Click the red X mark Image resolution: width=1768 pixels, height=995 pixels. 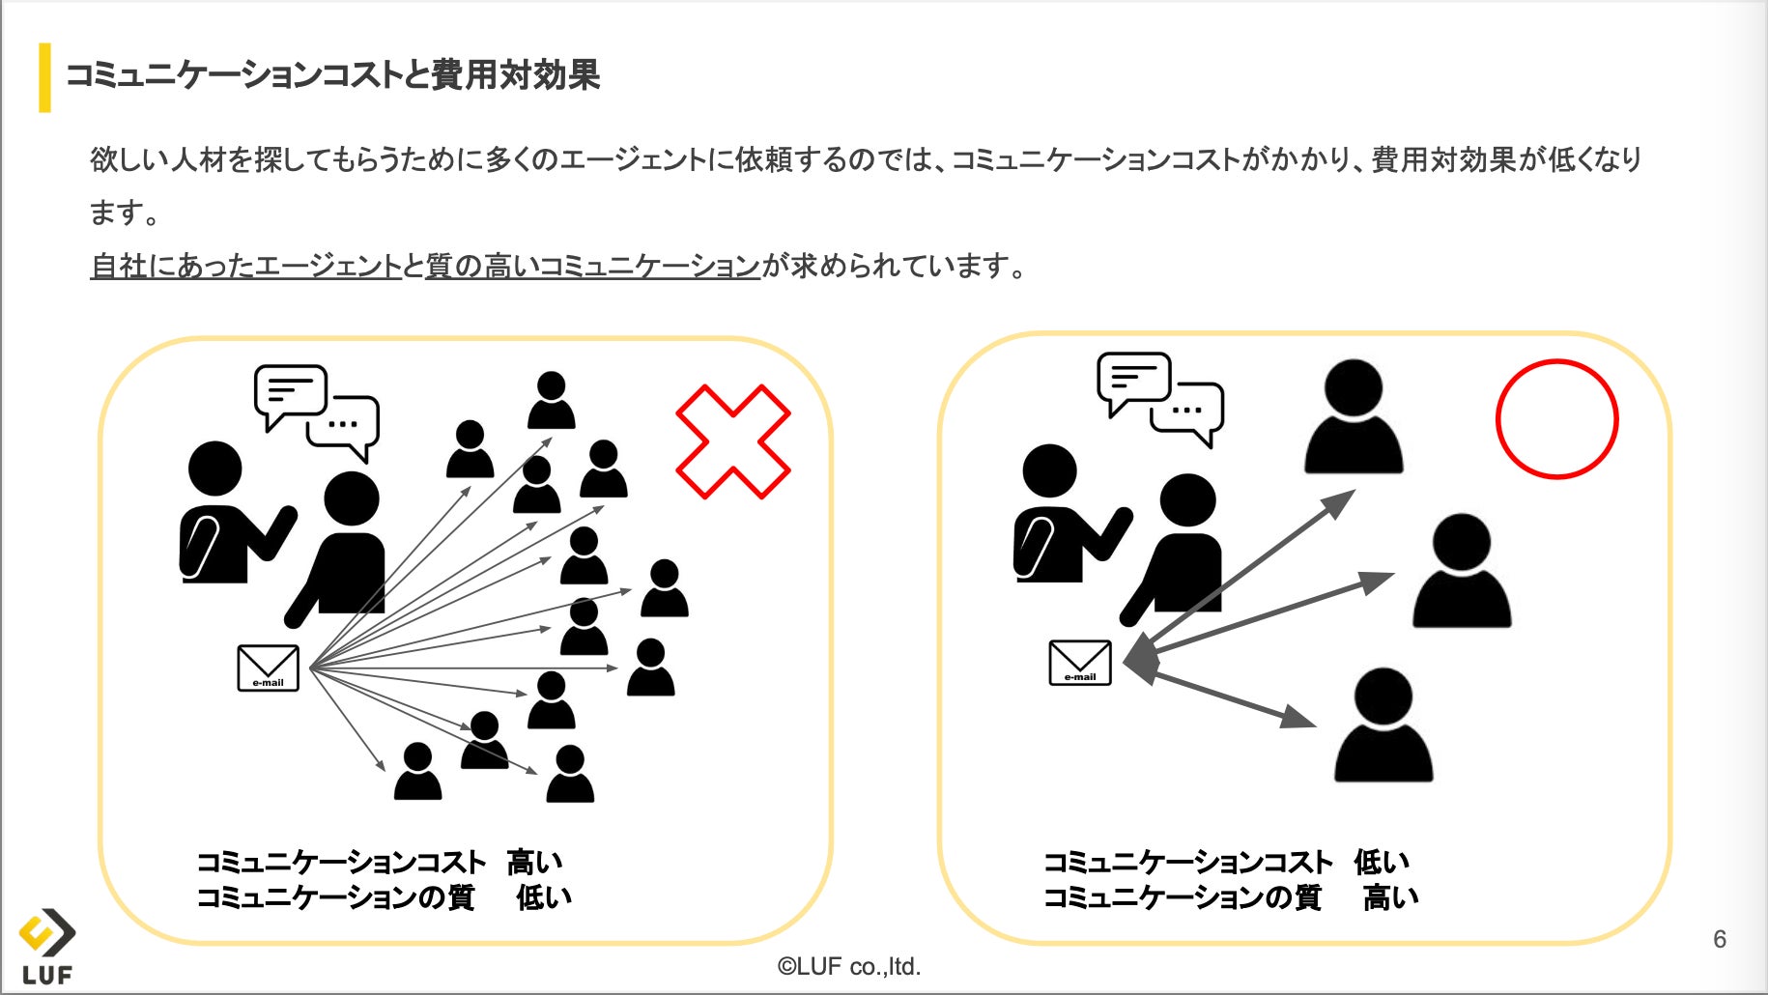pyautogui.click(x=732, y=441)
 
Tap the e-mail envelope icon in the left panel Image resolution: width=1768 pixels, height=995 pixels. pyautogui.click(x=268, y=668)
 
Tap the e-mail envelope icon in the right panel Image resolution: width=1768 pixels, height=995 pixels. pyautogui.click(x=1079, y=663)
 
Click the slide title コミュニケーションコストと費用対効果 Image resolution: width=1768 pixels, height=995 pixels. pyautogui.click(x=332, y=75)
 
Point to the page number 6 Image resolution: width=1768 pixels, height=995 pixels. pyautogui.click(x=1719, y=939)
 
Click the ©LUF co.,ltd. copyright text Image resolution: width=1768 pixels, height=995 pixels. pyautogui.click(x=849, y=966)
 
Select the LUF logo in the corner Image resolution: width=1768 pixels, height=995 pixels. pyautogui.click(x=46, y=947)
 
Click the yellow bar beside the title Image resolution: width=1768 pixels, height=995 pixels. pyautogui.click(x=44, y=77)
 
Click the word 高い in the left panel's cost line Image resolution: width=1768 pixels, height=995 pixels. pyautogui.click(x=534, y=862)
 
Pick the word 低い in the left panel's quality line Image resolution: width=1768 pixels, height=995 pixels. pyautogui.click(x=544, y=897)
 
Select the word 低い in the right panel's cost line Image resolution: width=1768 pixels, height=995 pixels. pyautogui.click(x=1382, y=862)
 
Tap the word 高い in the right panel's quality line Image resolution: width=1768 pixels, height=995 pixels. pyautogui.click(x=1391, y=897)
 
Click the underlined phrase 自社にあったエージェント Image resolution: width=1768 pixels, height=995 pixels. pyautogui.click(x=245, y=266)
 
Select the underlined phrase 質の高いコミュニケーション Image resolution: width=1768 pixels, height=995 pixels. pyautogui.click(x=592, y=266)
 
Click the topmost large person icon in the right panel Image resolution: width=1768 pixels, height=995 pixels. pyautogui.click(x=1353, y=417)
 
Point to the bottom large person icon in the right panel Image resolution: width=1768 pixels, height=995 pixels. pyautogui.click(x=1383, y=725)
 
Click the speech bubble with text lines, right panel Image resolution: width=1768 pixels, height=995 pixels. pyautogui.click(x=1132, y=380)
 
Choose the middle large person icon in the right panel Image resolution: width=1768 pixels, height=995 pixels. pyautogui.click(x=1461, y=571)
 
